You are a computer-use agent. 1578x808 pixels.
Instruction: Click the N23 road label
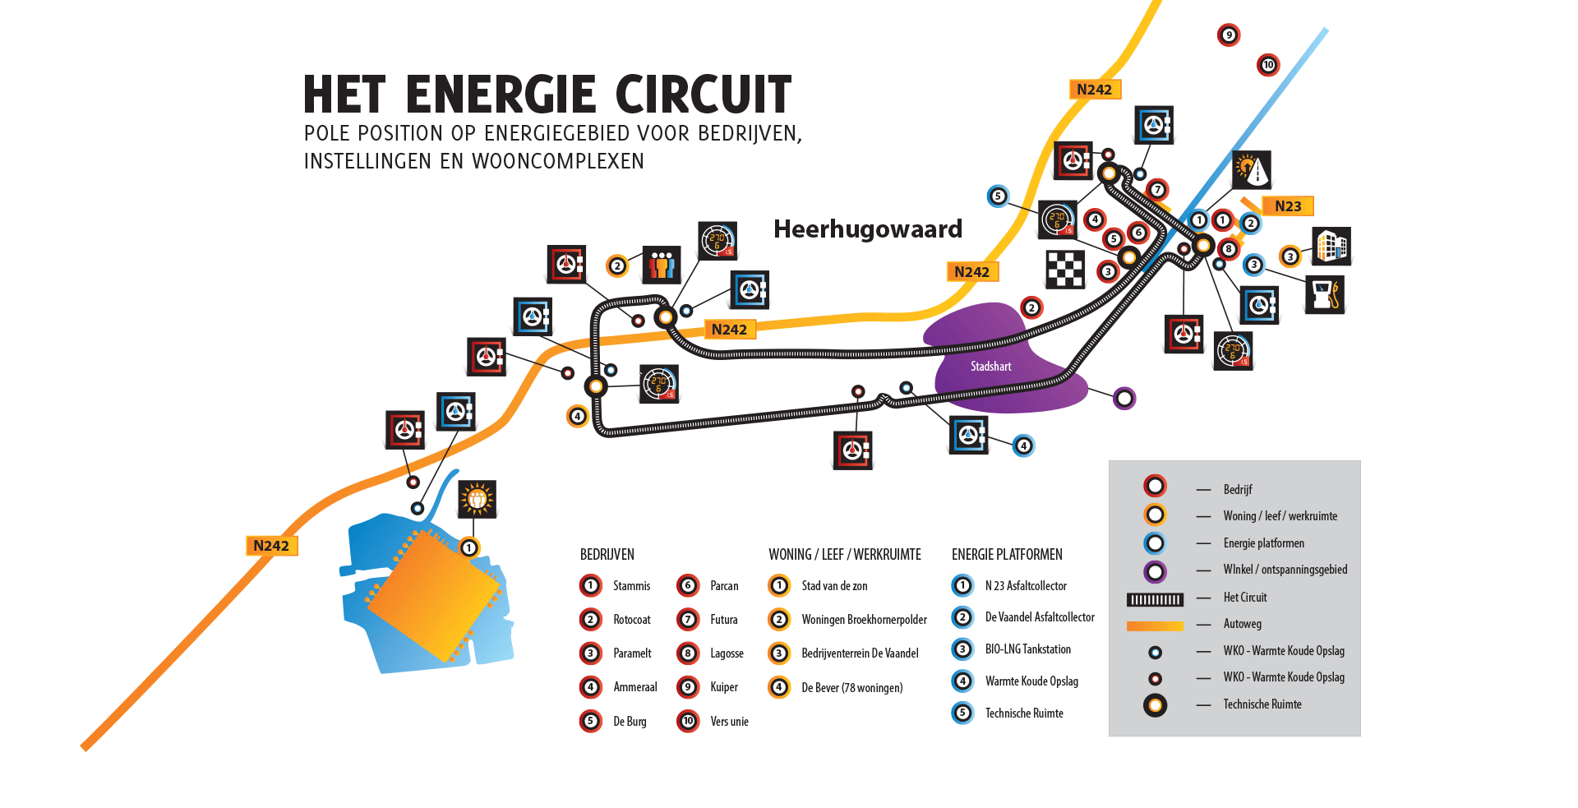[x=1288, y=206]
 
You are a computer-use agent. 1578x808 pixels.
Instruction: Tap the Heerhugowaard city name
[x=867, y=229]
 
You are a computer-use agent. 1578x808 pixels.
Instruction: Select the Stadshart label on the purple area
[x=990, y=367]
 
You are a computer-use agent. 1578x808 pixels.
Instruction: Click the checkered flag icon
[x=1065, y=269]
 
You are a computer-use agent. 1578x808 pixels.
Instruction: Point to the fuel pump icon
[x=1325, y=294]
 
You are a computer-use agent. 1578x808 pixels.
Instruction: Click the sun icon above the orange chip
[x=477, y=499]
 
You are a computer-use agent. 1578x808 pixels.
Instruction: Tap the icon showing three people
[x=662, y=265]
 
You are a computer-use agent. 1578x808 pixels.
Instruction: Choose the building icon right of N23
[x=1331, y=246]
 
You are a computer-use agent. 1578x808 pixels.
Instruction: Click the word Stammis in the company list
[x=631, y=586]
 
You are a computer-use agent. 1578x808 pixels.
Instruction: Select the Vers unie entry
[x=729, y=722]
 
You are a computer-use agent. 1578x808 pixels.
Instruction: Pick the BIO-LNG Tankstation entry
[x=1027, y=649]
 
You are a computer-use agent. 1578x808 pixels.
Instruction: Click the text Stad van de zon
[x=834, y=586]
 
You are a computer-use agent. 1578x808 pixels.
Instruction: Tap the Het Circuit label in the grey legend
[x=1244, y=598]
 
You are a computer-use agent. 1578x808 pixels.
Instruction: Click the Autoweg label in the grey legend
[x=1242, y=624]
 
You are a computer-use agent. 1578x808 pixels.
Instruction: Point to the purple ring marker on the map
[x=1124, y=399]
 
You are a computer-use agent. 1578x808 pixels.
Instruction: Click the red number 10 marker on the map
[x=1268, y=65]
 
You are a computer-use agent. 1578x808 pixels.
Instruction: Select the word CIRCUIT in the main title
[x=703, y=95]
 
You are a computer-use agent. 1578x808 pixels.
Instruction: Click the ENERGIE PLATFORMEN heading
[x=1007, y=555]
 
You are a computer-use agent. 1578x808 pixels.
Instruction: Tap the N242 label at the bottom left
[x=271, y=546]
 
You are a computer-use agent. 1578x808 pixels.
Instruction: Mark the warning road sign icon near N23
[x=1252, y=170]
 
